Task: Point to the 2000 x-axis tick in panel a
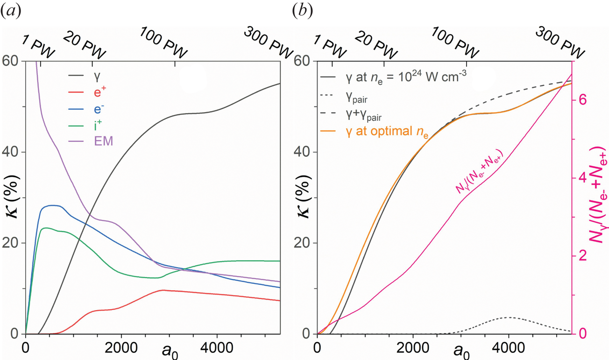point(121,347)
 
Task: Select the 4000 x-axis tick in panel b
point(508,347)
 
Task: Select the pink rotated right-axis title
point(598,197)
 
